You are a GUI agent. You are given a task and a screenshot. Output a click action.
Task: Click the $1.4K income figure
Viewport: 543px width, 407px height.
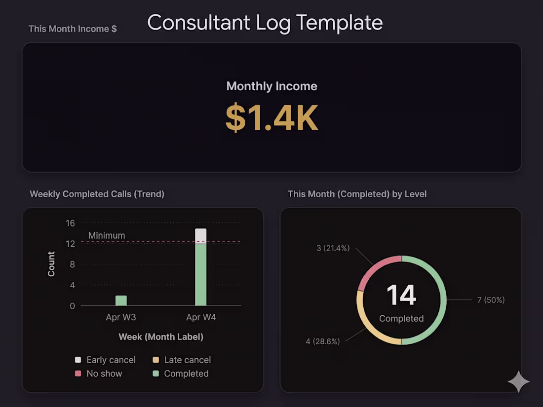pyautogui.click(x=271, y=117)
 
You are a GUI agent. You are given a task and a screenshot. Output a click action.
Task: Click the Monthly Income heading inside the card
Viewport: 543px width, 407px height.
pyautogui.click(x=271, y=86)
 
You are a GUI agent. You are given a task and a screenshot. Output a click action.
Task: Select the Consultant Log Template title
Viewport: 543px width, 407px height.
pyautogui.click(x=265, y=23)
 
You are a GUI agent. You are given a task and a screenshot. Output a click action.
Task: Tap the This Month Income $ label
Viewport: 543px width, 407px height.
pyautogui.click(x=73, y=29)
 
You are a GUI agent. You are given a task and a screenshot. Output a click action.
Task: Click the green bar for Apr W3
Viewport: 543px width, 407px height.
pyautogui.click(x=121, y=300)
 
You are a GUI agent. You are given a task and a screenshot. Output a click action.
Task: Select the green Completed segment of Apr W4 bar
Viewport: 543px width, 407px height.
pyautogui.click(x=200, y=275)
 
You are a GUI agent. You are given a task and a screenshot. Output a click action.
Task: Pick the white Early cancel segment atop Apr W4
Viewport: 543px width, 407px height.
pyautogui.click(x=200, y=236)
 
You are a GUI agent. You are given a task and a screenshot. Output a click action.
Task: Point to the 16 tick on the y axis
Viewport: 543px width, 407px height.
pyautogui.click(x=70, y=223)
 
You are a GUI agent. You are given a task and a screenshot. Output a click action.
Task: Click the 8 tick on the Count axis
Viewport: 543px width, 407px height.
pyautogui.click(x=72, y=264)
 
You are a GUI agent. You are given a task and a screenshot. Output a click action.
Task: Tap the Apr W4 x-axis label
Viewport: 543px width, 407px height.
pyautogui.click(x=201, y=317)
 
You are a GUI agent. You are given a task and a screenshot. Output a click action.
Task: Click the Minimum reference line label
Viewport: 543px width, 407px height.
pyautogui.click(x=107, y=235)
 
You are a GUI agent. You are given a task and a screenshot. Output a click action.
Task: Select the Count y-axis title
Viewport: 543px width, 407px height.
pyautogui.click(x=51, y=264)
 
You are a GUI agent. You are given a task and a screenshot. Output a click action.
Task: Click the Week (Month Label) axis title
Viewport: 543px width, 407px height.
pyautogui.click(x=161, y=337)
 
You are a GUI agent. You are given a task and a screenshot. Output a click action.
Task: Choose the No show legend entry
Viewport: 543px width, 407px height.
pyautogui.click(x=99, y=373)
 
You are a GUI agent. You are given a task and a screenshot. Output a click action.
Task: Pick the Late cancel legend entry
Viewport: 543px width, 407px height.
pyautogui.click(x=182, y=360)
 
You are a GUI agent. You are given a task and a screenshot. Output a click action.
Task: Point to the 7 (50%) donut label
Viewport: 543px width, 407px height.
pyautogui.click(x=491, y=300)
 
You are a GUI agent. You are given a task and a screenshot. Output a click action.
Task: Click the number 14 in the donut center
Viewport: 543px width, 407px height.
pyautogui.click(x=401, y=295)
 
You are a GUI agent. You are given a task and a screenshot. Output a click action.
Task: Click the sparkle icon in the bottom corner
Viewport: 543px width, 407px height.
pyautogui.click(x=518, y=381)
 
